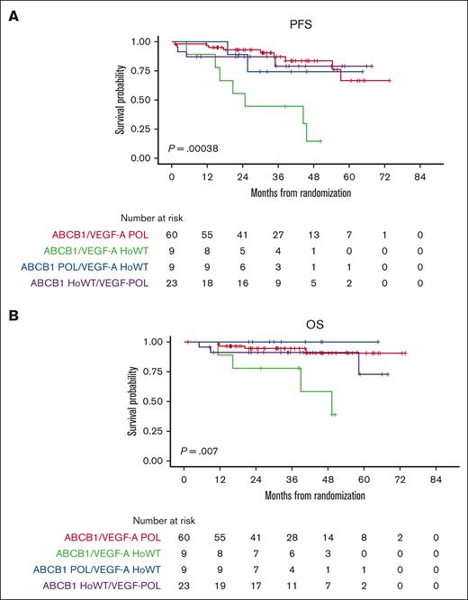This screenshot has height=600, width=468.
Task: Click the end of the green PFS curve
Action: [x=319, y=141]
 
